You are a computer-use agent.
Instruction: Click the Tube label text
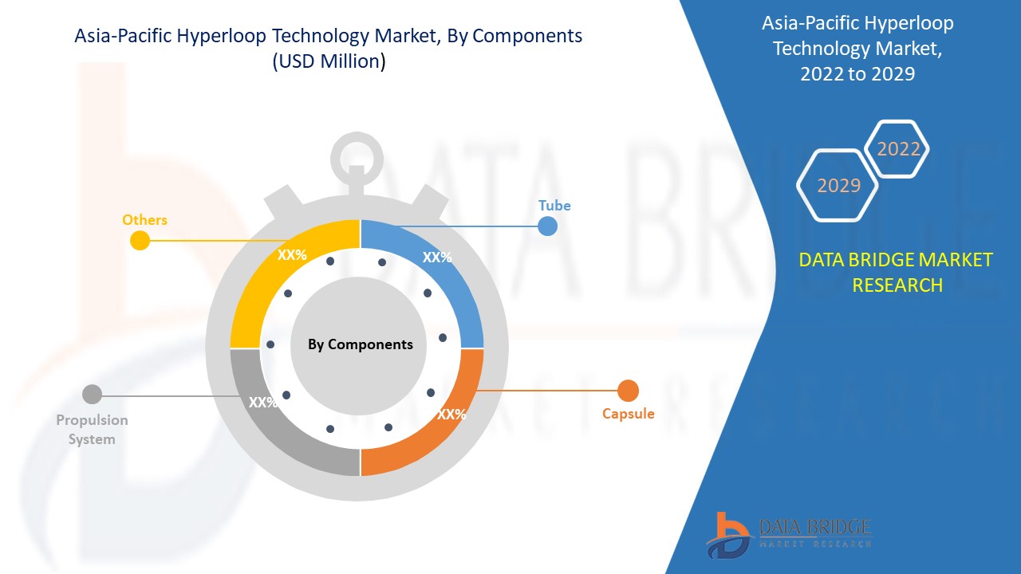pos(554,206)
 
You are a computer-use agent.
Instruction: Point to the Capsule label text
pos(628,414)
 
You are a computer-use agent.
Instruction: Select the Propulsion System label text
pos(92,430)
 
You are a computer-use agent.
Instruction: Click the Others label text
pos(144,220)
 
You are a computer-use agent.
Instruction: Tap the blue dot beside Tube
pos(547,226)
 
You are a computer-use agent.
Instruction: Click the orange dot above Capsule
pos(628,391)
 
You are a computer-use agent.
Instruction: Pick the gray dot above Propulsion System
pos(93,394)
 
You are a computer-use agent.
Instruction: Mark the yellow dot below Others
pos(140,240)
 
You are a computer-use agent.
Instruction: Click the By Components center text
pos(361,344)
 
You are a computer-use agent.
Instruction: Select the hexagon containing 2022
pos(898,149)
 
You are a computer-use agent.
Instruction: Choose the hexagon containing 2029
pos(838,185)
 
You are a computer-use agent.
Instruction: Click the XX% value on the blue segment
pos(437,258)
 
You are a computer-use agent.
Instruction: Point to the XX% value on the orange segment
pos(451,415)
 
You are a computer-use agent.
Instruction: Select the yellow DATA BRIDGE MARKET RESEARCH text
pos(896,272)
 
